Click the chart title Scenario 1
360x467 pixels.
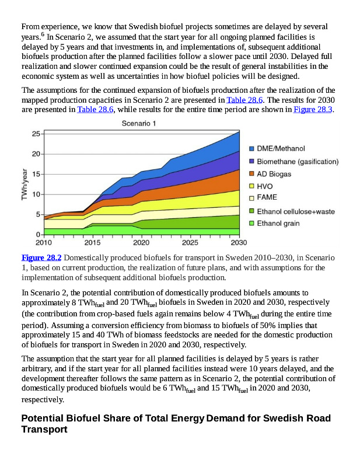pyautogui.click(x=139, y=123)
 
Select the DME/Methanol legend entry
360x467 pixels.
pyautogui.click(x=281, y=149)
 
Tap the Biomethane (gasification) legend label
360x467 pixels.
pyautogui.click(x=298, y=161)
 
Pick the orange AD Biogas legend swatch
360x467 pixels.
pyautogui.click(x=251, y=174)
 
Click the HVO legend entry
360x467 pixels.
pyautogui.click(x=265, y=186)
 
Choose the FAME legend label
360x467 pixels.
pyautogui.click(x=267, y=198)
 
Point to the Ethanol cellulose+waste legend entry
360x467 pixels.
pyautogui.click(x=296, y=211)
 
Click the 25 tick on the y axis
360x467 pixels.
pyautogui.click(x=36, y=134)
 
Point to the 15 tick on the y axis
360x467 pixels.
pyautogui.click(x=36, y=174)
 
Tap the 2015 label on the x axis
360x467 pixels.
pyautogui.click(x=92, y=242)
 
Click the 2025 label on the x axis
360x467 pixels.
pyautogui.click(x=190, y=242)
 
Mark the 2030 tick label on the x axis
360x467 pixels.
pyautogui.click(x=238, y=242)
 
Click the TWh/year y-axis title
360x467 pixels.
pyautogui.click(x=25, y=184)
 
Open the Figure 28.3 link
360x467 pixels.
pyautogui.click(x=313, y=110)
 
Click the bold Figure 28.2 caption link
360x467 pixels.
pyautogui.click(x=41, y=257)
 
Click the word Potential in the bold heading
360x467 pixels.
pyautogui.click(x=45, y=419)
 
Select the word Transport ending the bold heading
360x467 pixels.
pyautogui.click(x=44, y=430)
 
